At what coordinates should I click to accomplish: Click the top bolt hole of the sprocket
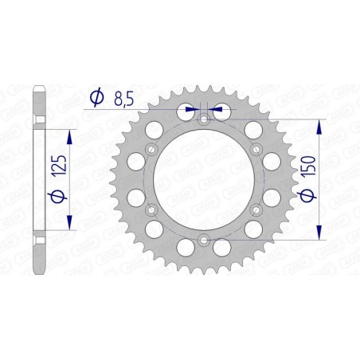(x=203, y=119)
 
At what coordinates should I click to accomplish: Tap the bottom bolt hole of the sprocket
(x=203, y=238)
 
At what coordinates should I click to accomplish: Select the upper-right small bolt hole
(x=255, y=149)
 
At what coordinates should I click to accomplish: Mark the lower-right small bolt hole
(x=255, y=209)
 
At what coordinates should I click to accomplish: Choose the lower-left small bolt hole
(x=151, y=209)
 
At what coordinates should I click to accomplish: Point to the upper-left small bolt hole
(x=151, y=149)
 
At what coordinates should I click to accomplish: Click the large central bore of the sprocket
(x=203, y=179)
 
